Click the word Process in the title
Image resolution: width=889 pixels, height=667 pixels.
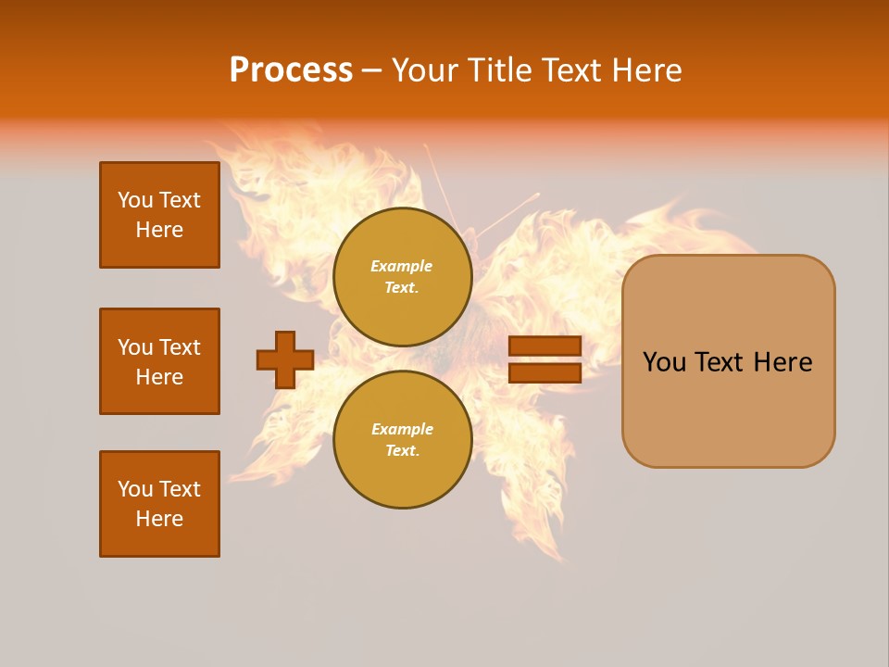pyautogui.click(x=291, y=70)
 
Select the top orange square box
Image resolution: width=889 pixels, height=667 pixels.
pyautogui.click(x=159, y=215)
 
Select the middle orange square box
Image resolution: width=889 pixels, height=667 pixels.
pyautogui.click(x=159, y=361)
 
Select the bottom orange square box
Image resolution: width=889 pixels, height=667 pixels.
pyautogui.click(x=159, y=504)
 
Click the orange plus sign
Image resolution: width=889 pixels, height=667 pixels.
pyautogui.click(x=285, y=359)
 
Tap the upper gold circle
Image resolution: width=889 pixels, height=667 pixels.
pyautogui.click(x=402, y=277)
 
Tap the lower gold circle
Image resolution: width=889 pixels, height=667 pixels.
pyautogui.click(x=402, y=440)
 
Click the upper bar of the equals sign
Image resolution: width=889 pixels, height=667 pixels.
pyautogui.click(x=545, y=346)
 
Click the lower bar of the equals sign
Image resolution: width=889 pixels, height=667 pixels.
pyautogui.click(x=545, y=372)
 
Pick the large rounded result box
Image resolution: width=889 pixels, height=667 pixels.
pyautogui.click(x=728, y=361)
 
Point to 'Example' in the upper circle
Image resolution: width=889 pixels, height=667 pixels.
pyautogui.click(x=402, y=267)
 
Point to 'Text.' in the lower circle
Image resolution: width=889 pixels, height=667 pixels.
pyautogui.click(x=402, y=451)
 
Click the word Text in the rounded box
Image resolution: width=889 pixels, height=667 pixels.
pyautogui.click(x=720, y=362)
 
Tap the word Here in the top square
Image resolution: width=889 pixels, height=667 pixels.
pyautogui.click(x=159, y=230)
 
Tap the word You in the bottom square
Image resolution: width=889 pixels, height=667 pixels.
pyautogui.click(x=134, y=489)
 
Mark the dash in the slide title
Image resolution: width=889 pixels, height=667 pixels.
pyautogui.click(x=372, y=70)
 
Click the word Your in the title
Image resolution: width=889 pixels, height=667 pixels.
pyautogui.click(x=425, y=70)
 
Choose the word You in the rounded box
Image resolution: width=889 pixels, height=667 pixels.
pyautogui.click(x=664, y=362)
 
